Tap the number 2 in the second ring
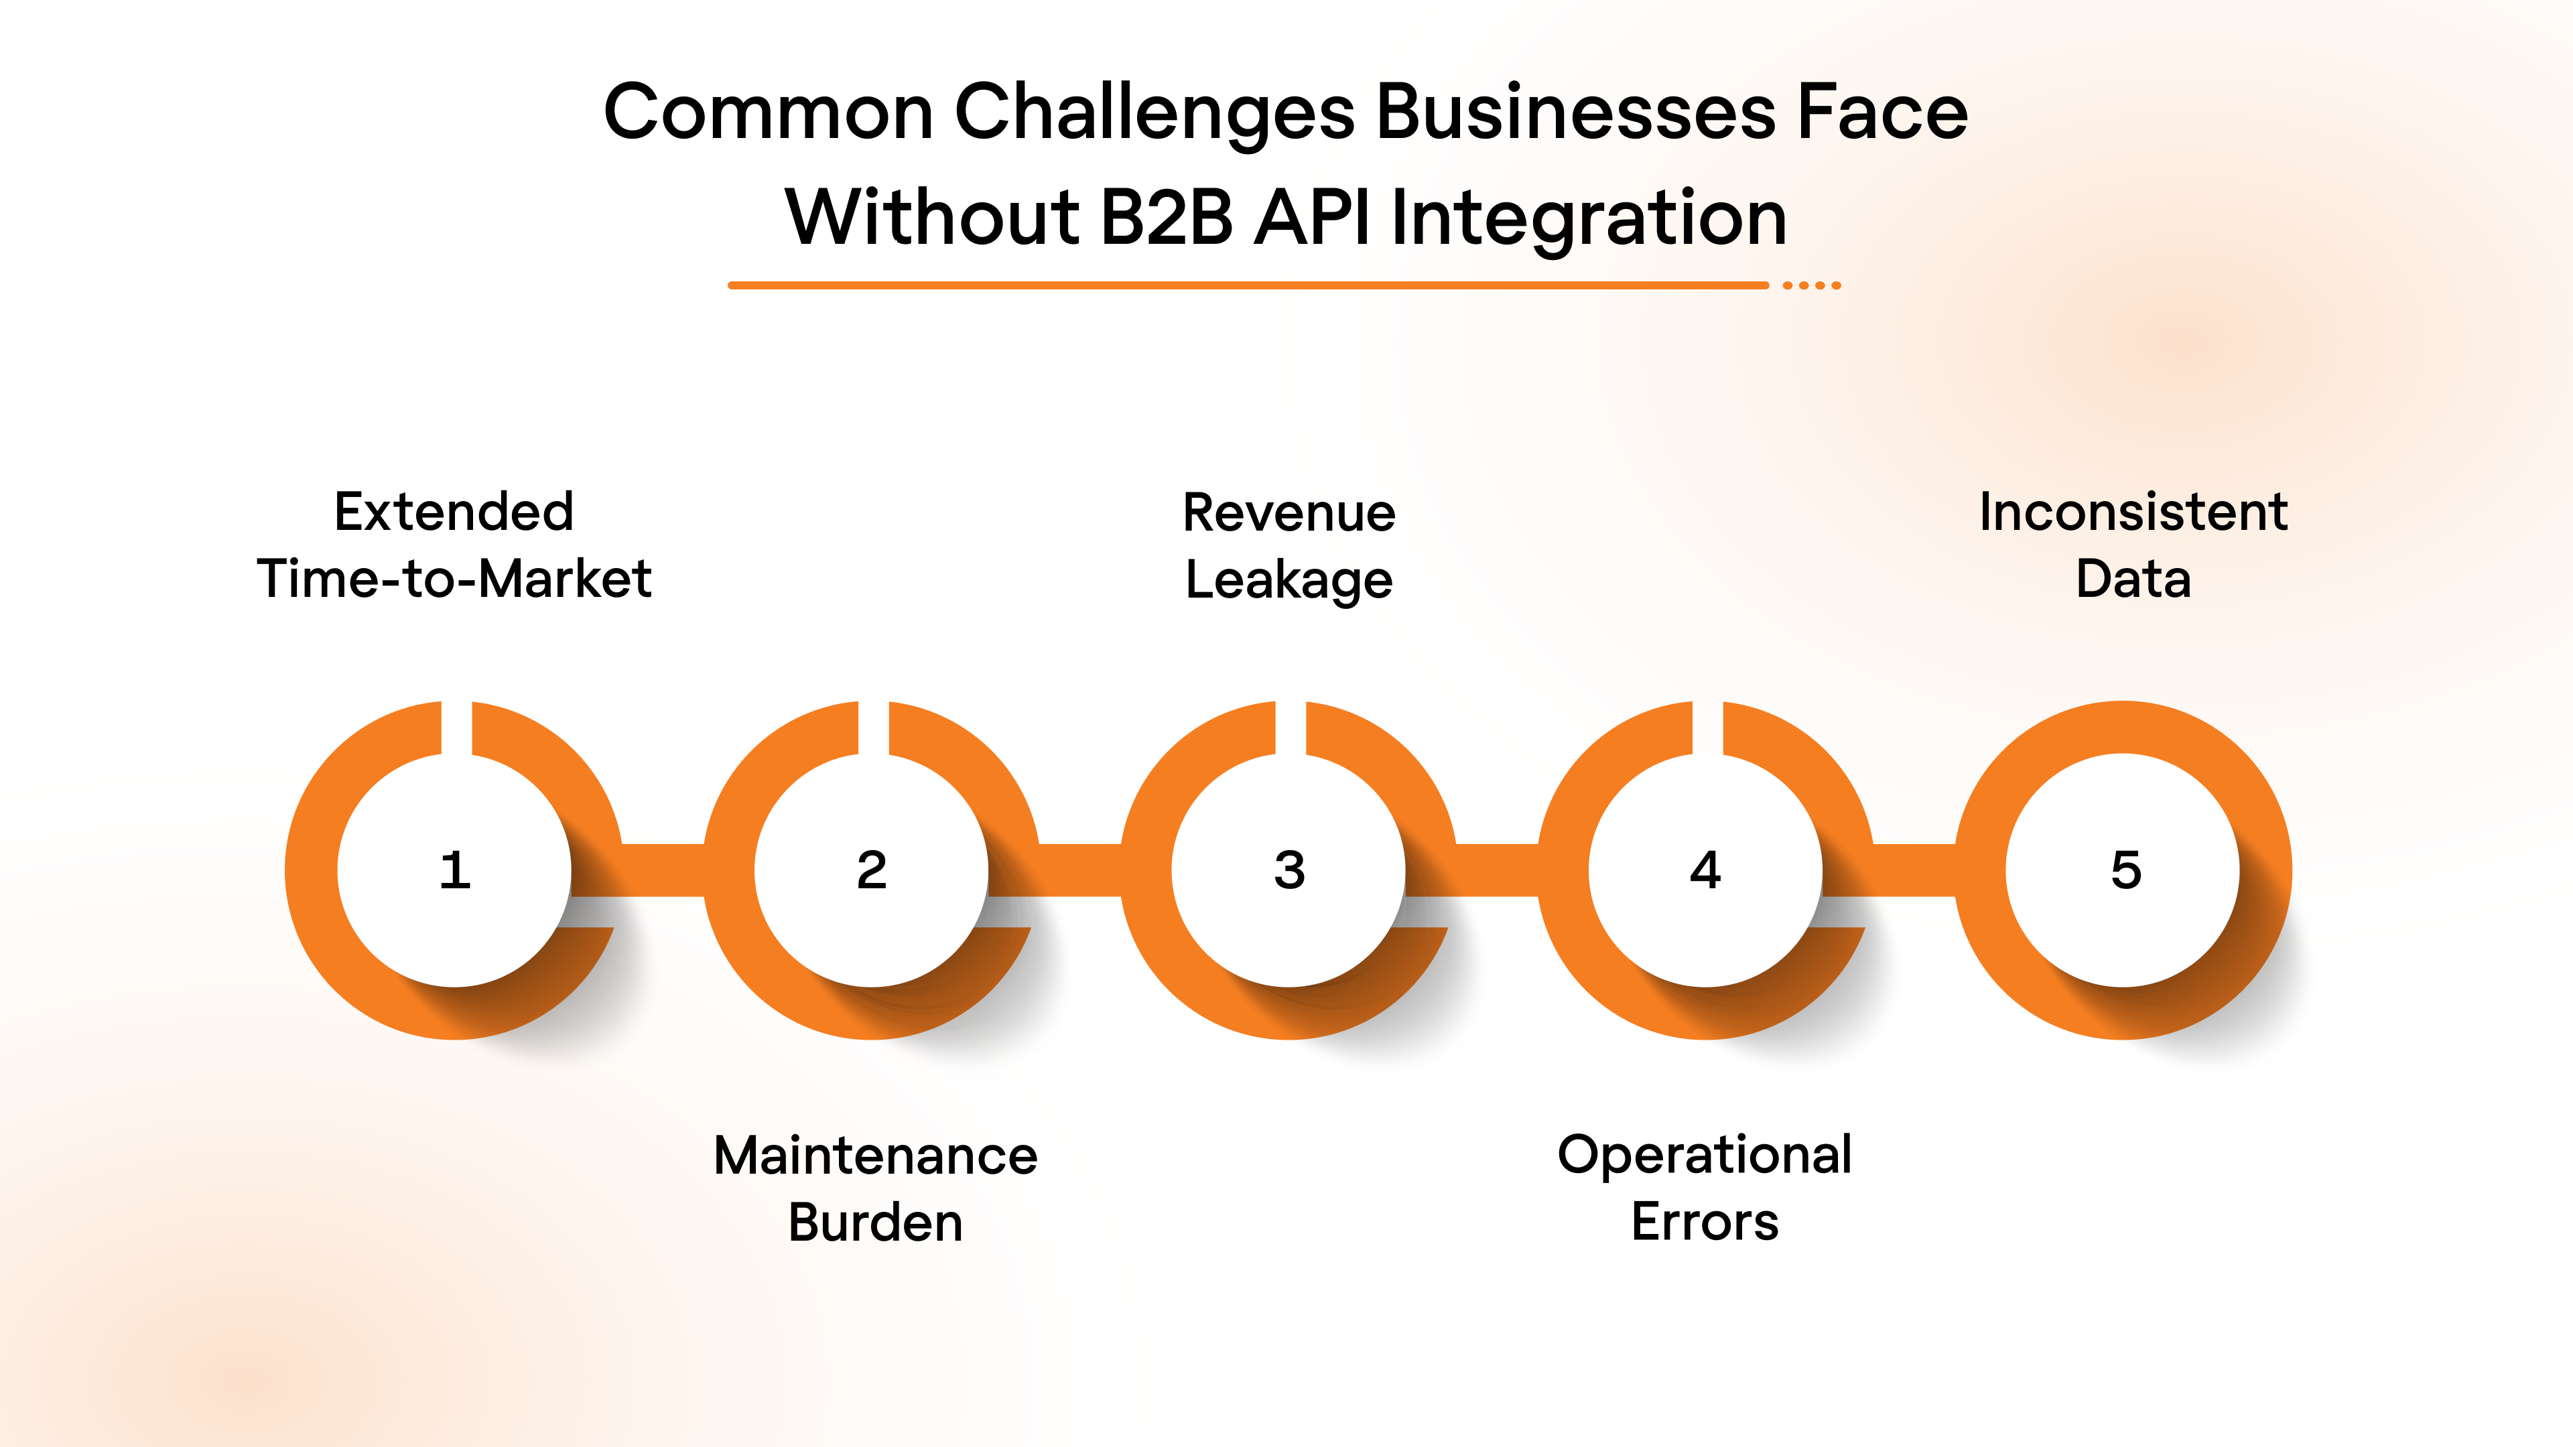[872, 871]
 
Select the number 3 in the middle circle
[1289, 871]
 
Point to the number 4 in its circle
[1706, 871]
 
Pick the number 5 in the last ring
[2125, 871]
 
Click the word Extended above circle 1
[454, 512]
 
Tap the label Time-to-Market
[454, 579]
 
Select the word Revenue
[1289, 513]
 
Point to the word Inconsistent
[2133, 512]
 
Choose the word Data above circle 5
[2133, 579]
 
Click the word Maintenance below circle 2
[876, 1156]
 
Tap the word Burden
[876, 1223]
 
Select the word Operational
[1705, 1156]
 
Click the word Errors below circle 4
[1705, 1221]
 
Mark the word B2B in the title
[1167, 218]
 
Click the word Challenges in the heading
[1154, 112]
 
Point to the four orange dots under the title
[1812, 285]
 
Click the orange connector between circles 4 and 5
[1913, 870]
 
